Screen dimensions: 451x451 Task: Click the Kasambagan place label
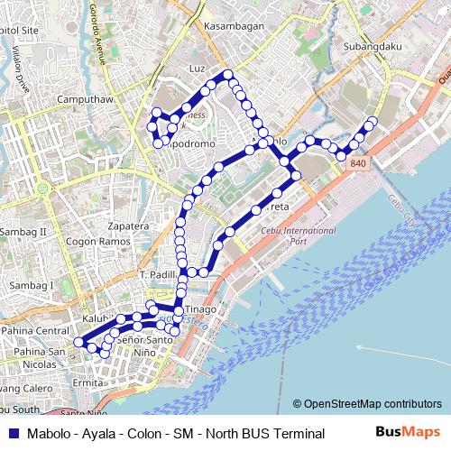coord(234,26)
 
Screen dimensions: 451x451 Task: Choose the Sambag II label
coord(33,232)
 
